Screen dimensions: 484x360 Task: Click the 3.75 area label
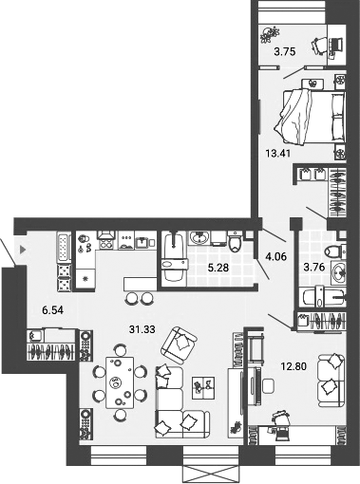coord(283,53)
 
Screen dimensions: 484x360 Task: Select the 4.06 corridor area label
coord(275,255)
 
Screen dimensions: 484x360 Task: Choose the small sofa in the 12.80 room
coord(329,377)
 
